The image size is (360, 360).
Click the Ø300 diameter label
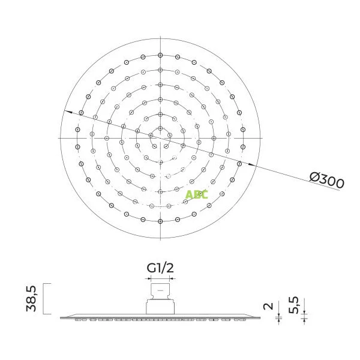click(327, 179)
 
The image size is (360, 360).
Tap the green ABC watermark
click(196, 194)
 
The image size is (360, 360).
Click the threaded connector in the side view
click(161, 299)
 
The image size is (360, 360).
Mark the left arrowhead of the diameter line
click(68, 112)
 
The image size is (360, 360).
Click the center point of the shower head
click(161, 138)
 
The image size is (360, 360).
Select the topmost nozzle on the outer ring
click(161, 55)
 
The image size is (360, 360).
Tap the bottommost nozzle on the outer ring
click(161, 221)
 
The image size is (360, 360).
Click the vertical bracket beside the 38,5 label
click(46, 298)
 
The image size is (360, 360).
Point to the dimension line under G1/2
click(161, 278)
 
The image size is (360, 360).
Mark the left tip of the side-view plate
click(62, 315)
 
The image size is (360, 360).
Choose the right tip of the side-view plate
click(260, 315)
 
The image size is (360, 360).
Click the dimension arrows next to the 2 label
click(278, 315)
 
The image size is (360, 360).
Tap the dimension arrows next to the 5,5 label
click(304, 314)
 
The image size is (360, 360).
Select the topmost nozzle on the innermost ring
click(161, 128)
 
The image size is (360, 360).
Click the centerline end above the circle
click(161, 37)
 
